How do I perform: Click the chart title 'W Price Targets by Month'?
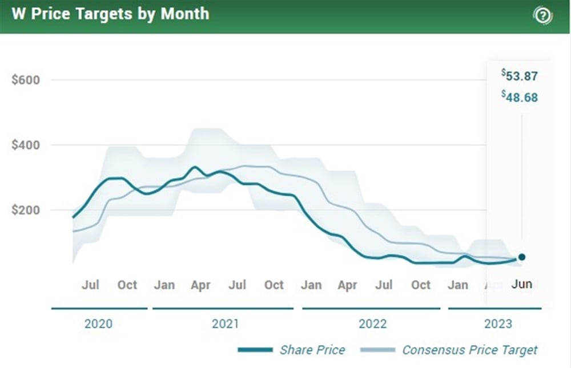pyautogui.click(x=110, y=14)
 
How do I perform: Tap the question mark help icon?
pyautogui.click(x=542, y=15)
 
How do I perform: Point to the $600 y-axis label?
pyautogui.click(x=26, y=80)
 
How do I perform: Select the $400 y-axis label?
pyautogui.click(x=26, y=145)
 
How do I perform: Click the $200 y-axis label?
pyautogui.click(x=26, y=210)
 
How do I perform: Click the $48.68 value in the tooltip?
pyautogui.click(x=520, y=97)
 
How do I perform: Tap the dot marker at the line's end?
pyautogui.click(x=521, y=257)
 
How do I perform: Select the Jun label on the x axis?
pyautogui.click(x=521, y=284)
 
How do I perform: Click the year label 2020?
pyautogui.click(x=99, y=324)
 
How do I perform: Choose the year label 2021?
pyautogui.click(x=226, y=324)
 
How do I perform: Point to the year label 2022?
pyautogui.click(x=373, y=324)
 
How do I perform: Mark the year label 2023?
pyautogui.click(x=498, y=324)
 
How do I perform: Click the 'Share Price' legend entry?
pyautogui.click(x=312, y=350)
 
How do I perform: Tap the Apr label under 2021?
pyautogui.click(x=201, y=285)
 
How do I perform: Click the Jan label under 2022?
pyautogui.click(x=311, y=285)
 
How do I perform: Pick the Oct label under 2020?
pyautogui.click(x=127, y=285)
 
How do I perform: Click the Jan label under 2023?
pyautogui.click(x=458, y=285)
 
